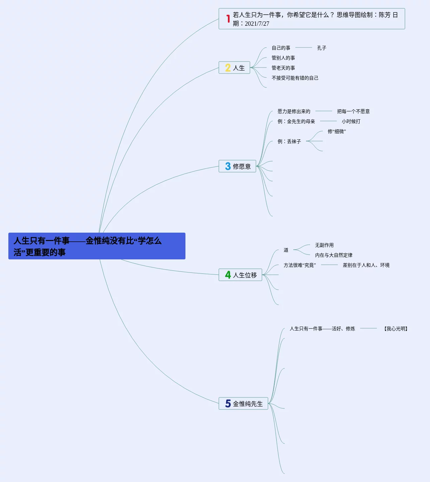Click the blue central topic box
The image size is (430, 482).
[97, 246]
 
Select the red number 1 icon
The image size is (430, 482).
[228, 19]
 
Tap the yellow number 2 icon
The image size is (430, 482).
[228, 68]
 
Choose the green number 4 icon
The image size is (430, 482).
[228, 275]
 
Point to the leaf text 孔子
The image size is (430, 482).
[321, 48]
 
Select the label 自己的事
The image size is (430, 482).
[281, 48]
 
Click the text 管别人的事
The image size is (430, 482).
[283, 58]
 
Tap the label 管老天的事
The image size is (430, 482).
[283, 68]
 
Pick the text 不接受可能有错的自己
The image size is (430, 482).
[295, 78]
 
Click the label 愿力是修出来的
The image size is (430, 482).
[294, 112]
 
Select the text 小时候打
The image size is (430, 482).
[351, 122]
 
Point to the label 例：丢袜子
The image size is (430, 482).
[289, 142]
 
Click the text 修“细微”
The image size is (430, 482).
[336, 132]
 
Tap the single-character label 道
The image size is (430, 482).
[286, 250]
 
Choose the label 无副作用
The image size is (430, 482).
[324, 245]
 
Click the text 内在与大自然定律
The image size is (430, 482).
[333, 255]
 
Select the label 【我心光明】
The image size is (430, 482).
[396, 329]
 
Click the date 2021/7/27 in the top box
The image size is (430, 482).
[257, 24]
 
